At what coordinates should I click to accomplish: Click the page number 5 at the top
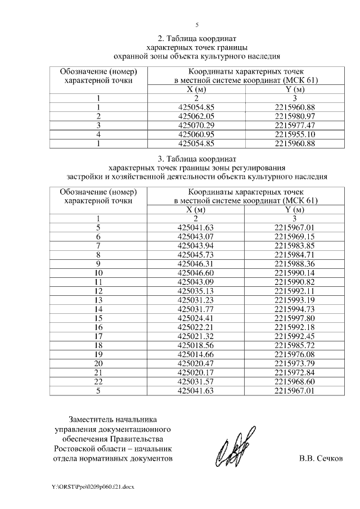point(196,25)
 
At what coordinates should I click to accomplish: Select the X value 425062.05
point(196,116)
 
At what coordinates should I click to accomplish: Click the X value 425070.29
point(196,125)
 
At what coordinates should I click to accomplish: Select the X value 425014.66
point(196,354)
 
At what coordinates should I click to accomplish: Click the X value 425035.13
point(196,291)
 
